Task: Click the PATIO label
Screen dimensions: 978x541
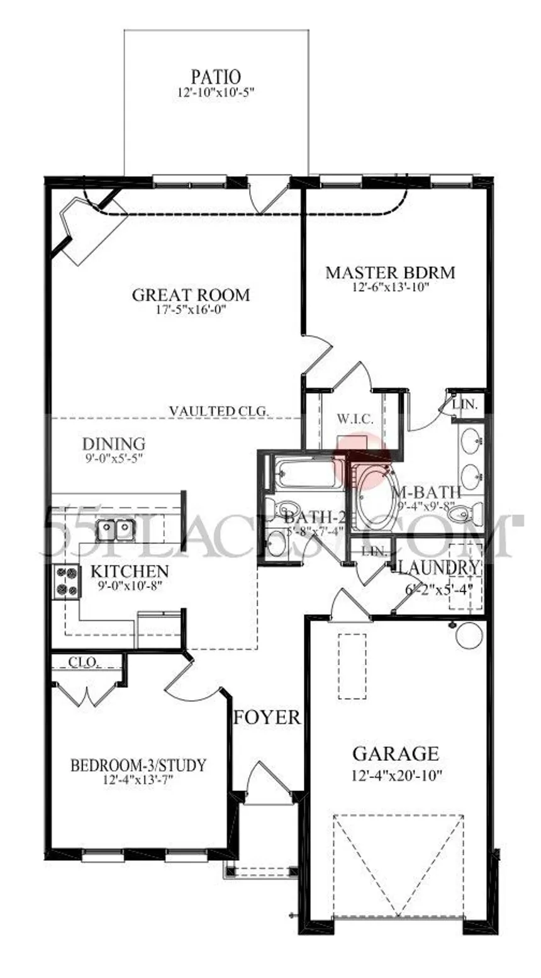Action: point(216,77)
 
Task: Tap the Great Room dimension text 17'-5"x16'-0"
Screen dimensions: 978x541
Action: point(191,310)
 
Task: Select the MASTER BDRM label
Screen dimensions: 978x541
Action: point(390,273)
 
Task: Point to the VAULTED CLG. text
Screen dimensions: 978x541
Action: point(219,411)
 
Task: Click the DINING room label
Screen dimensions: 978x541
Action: point(114,444)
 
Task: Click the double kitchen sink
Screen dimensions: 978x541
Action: point(116,528)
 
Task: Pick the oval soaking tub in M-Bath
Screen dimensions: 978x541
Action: point(377,497)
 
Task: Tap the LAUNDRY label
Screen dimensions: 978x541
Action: point(438,567)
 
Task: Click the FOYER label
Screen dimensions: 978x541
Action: point(267,717)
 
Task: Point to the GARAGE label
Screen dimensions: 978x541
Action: point(395,753)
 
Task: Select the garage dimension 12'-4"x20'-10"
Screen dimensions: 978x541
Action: point(397,775)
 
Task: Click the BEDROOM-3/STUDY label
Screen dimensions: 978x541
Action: point(138,766)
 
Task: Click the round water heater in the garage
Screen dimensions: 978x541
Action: point(469,636)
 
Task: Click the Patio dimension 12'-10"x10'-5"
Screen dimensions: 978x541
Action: point(216,93)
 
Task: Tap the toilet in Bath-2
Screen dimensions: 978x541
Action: point(287,509)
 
